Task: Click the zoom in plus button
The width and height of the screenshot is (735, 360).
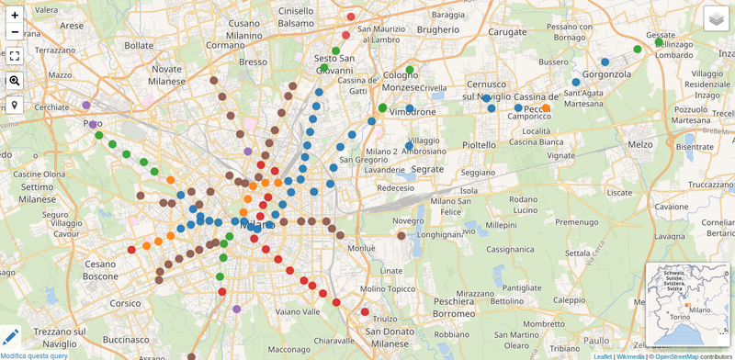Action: tap(15, 15)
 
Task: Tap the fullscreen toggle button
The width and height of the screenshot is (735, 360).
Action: tap(15, 56)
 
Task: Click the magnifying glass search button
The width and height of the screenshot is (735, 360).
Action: tap(15, 81)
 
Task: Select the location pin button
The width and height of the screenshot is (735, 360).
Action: tap(15, 105)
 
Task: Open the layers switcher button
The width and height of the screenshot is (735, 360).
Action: tap(716, 18)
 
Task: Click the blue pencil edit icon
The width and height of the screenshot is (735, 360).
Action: tap(10, 337)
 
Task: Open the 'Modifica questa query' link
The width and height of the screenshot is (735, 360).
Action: tap(34, 355)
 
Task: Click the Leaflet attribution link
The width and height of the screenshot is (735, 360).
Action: tap(602, 356)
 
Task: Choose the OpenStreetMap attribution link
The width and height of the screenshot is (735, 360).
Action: tap(677, 356)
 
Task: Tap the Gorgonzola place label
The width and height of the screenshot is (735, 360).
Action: tap(606, 74)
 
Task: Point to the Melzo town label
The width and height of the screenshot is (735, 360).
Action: tap(640, 144)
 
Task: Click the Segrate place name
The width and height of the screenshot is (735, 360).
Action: tap(427, 170)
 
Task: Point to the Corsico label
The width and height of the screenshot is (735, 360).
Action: tap(125, 302)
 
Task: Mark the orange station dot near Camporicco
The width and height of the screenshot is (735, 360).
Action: tap(546, 108)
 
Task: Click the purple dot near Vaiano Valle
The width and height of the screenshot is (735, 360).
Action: tap(237, 309)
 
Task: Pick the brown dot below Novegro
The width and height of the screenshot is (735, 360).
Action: tap(401, 236)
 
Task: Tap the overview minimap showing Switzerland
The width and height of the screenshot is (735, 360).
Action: tap(687, 304)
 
